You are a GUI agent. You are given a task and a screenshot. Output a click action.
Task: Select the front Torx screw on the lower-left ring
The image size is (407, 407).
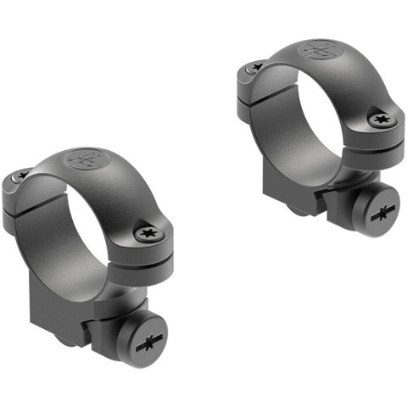(x=145, y=231)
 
